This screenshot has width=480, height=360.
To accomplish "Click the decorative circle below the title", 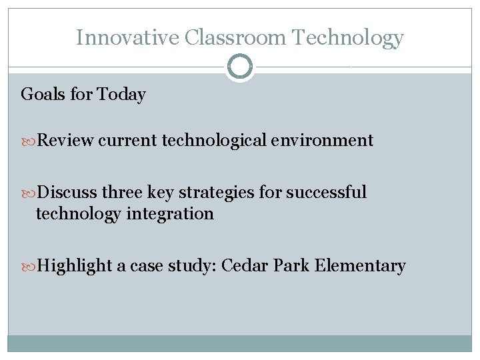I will tap(240, 67).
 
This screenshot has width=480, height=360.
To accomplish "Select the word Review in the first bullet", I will tap(65, 141).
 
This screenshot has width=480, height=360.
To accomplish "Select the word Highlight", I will tap(75, 266).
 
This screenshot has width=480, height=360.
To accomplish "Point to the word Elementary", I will tap(359, 266).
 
